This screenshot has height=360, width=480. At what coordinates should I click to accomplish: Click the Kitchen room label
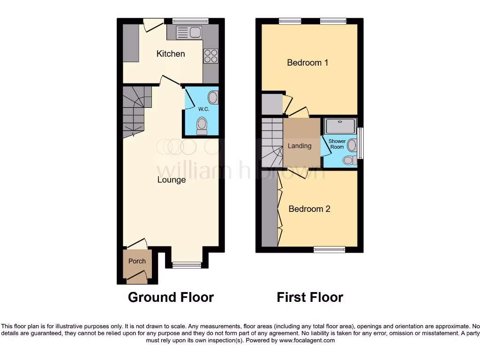[x=171, y=54]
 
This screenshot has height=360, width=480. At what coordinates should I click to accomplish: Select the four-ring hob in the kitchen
[x=210, y=56]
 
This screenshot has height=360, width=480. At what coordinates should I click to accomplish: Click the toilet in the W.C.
[x=202, y=126]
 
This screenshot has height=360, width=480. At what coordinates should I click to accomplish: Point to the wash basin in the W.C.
[x=213, y=97]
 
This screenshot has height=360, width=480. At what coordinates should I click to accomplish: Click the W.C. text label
[x=203, y=109]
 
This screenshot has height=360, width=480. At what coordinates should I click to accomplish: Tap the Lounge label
[x=172, y=180]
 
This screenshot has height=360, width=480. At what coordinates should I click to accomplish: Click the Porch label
[x=137, y=261]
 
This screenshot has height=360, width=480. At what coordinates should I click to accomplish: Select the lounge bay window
[x=187, y=265]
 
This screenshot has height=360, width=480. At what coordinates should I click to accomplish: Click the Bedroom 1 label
[x=307, y=62]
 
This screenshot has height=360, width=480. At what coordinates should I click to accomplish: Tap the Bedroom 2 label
[x=309, y=209]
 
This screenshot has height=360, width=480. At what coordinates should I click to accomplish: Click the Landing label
[x=300, y=146]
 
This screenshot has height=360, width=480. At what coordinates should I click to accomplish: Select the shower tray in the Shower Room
[x=340, y=126]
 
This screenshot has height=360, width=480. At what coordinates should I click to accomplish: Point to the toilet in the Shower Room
[x=348, y=160]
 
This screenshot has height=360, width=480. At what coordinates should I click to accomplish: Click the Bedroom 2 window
[x=327, y=249]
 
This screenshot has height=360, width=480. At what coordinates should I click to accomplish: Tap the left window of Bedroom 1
[x=290, y=21]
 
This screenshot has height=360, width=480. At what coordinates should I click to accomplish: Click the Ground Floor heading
[x=171, y=297]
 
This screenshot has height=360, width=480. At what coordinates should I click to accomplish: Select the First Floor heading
[x=310, y=297]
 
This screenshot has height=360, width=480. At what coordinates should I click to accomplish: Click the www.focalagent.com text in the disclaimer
[x=307, y=340]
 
